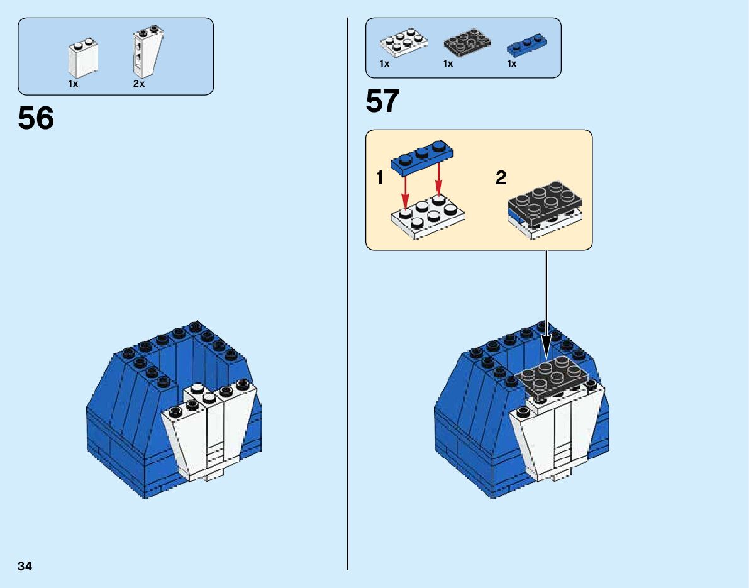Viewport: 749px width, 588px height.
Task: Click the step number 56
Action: [x=36, y=118]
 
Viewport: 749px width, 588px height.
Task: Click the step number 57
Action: [x=382, y=102]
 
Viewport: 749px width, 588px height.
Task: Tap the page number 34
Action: [x=25, y=566]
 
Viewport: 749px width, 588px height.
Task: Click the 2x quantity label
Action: [x=139, y=84]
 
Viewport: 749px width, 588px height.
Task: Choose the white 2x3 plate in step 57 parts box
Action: [x=403, y=42]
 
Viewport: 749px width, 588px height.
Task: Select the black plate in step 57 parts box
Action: [x=467, y=43]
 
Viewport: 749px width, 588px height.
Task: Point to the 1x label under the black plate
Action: [x=448, y=64]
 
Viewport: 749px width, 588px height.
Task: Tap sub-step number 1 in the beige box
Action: [x=379, y=179]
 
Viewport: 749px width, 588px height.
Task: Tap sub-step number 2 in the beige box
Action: [x=501, y=179]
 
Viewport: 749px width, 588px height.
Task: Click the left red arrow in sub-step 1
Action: [x=406, y=189]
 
